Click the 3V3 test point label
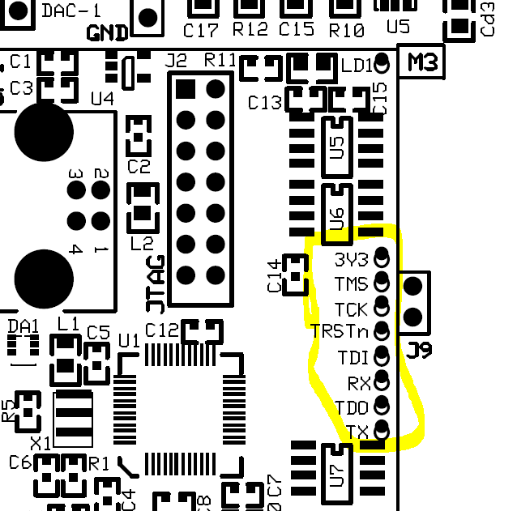(351, 260)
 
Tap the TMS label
(350, 284)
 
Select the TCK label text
(351, 309)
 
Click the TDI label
(353, 357)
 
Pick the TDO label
(352, 407)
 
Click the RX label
(358, 382)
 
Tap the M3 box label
(423, 62)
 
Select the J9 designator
(420, 351)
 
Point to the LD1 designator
(357, 65)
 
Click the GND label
(108, 33)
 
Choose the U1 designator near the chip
(129, 339)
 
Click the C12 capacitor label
(161, 330)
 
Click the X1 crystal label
(40, 443)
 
